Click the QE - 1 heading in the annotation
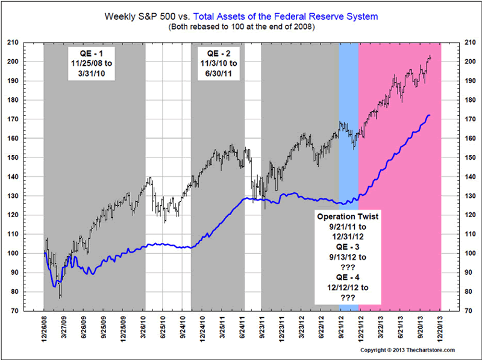[95, 51]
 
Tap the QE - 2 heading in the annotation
[218, 51]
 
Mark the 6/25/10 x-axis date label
[164, 329]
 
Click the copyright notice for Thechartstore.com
[407, 350]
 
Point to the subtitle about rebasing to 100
[240, 27]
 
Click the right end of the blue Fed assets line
[429, 115]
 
